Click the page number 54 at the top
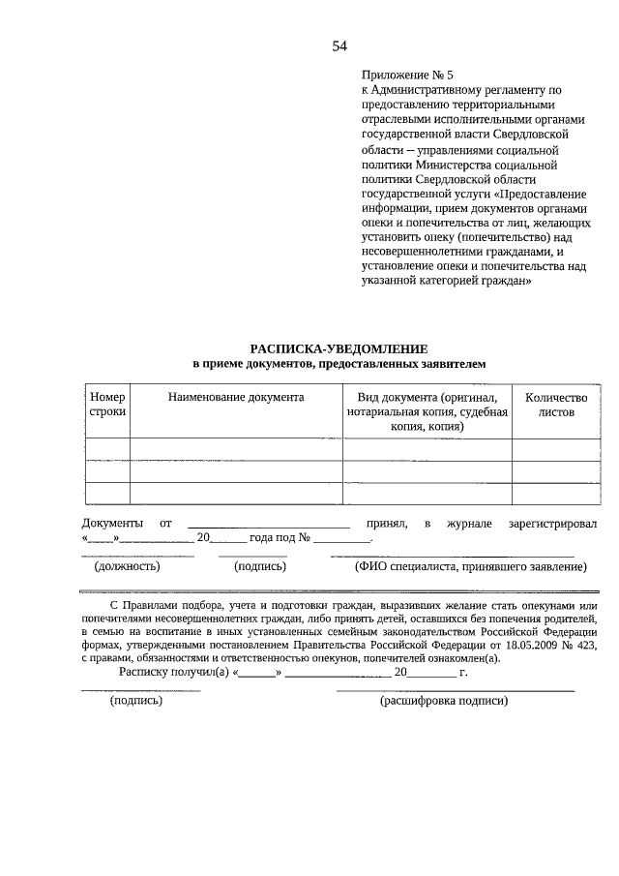click(x=339, y=45)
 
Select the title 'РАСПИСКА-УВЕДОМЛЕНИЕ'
click(x=338, y=347)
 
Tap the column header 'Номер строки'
click(x=107, y=405)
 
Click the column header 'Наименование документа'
click(x=236, y=397)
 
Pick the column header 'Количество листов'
click(x=555, y=405)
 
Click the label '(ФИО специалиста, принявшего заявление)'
click(x=470, y=567)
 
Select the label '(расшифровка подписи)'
click(x=444, y=700)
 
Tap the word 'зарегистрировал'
click(x=552, y=523)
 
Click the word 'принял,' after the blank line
click(x=385, y=523)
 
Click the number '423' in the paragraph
click(x=589, y=646)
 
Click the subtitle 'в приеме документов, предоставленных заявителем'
click(x=338, y=363)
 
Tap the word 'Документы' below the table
click(x=111, y=523)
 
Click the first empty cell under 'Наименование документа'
click(x=236, y=449)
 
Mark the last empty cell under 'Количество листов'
click(x=555, y=494)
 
